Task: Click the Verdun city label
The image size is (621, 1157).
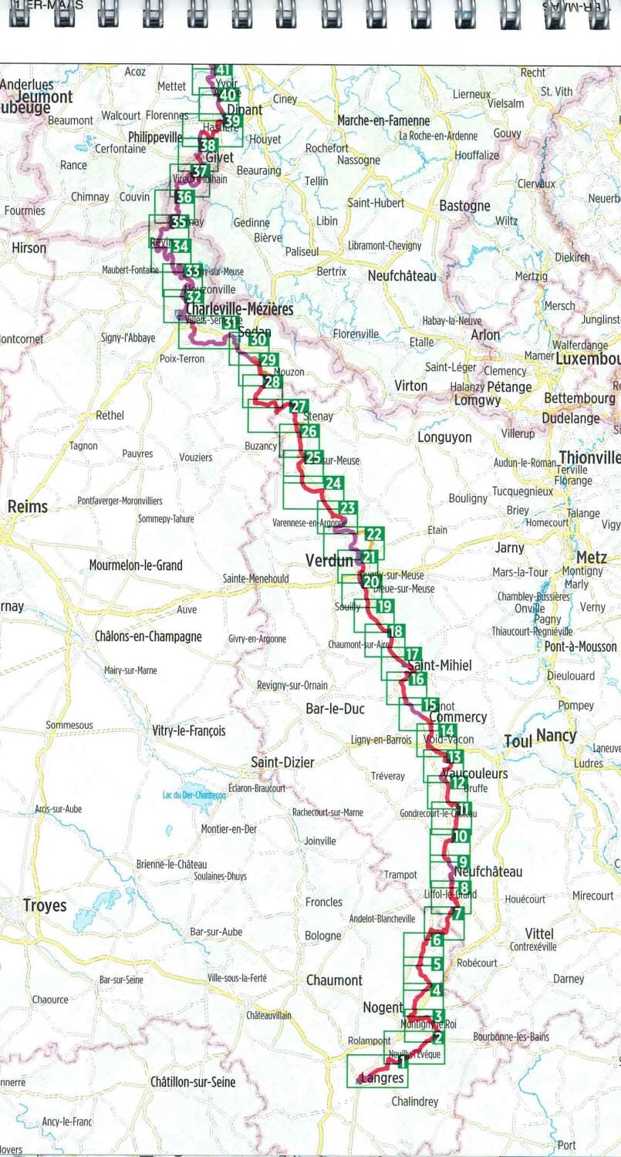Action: click(329, 560)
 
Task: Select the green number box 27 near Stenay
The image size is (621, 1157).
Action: click(299, 407)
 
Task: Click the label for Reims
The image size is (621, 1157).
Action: click(27, 507)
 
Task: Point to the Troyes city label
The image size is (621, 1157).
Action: click(45, 906)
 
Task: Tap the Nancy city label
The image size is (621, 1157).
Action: click(556, 736)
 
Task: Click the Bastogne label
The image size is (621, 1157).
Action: click(464, 206)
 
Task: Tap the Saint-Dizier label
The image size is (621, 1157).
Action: click(283, 762)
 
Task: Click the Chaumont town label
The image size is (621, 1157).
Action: click(334, 980)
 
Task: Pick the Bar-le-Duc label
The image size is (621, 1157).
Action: click(335, 708)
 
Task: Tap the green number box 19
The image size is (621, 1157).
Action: click(385, 605)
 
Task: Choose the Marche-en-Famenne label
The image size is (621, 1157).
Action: click(383, 121)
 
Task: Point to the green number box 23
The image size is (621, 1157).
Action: click(347, 507)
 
